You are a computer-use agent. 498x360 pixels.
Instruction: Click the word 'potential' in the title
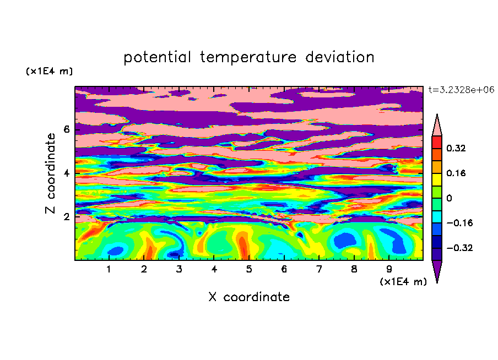(x=157, y=57)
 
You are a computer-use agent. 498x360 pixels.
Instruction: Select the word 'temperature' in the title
(x=248, y=57)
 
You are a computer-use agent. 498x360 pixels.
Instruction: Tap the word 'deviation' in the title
(x=340, y=57)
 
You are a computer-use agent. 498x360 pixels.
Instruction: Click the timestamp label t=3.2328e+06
(x=461, y=90)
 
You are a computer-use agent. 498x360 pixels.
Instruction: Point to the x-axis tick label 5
(x=249, y=269)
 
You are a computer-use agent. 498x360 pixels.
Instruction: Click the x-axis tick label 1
(x=109, y=269)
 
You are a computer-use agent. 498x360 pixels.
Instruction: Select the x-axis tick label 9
(x=389, y=269)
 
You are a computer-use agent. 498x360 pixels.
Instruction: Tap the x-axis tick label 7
(x=319, y=269)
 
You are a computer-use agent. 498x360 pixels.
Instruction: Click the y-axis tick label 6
(x=66, y=129)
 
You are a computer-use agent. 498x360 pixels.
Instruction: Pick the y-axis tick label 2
(x=66, y=217)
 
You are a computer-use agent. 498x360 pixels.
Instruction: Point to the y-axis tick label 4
(x=66, y=173)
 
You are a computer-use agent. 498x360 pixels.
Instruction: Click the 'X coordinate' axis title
(x=249, y=297)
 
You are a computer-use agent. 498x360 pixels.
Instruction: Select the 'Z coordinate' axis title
(x=51, y=173)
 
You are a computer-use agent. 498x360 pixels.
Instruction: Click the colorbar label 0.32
(x=456, y=148)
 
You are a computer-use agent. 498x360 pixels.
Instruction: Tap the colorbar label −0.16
(x=459, y=223)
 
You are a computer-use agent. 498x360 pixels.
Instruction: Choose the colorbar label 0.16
(x=456, y=173)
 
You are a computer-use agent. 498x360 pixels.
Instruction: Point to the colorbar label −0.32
(x=459, y=248)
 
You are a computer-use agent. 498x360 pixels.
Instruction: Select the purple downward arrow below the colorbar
(x=437, y=271)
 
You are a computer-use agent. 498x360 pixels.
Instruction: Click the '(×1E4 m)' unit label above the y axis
(x=49, y=71)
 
